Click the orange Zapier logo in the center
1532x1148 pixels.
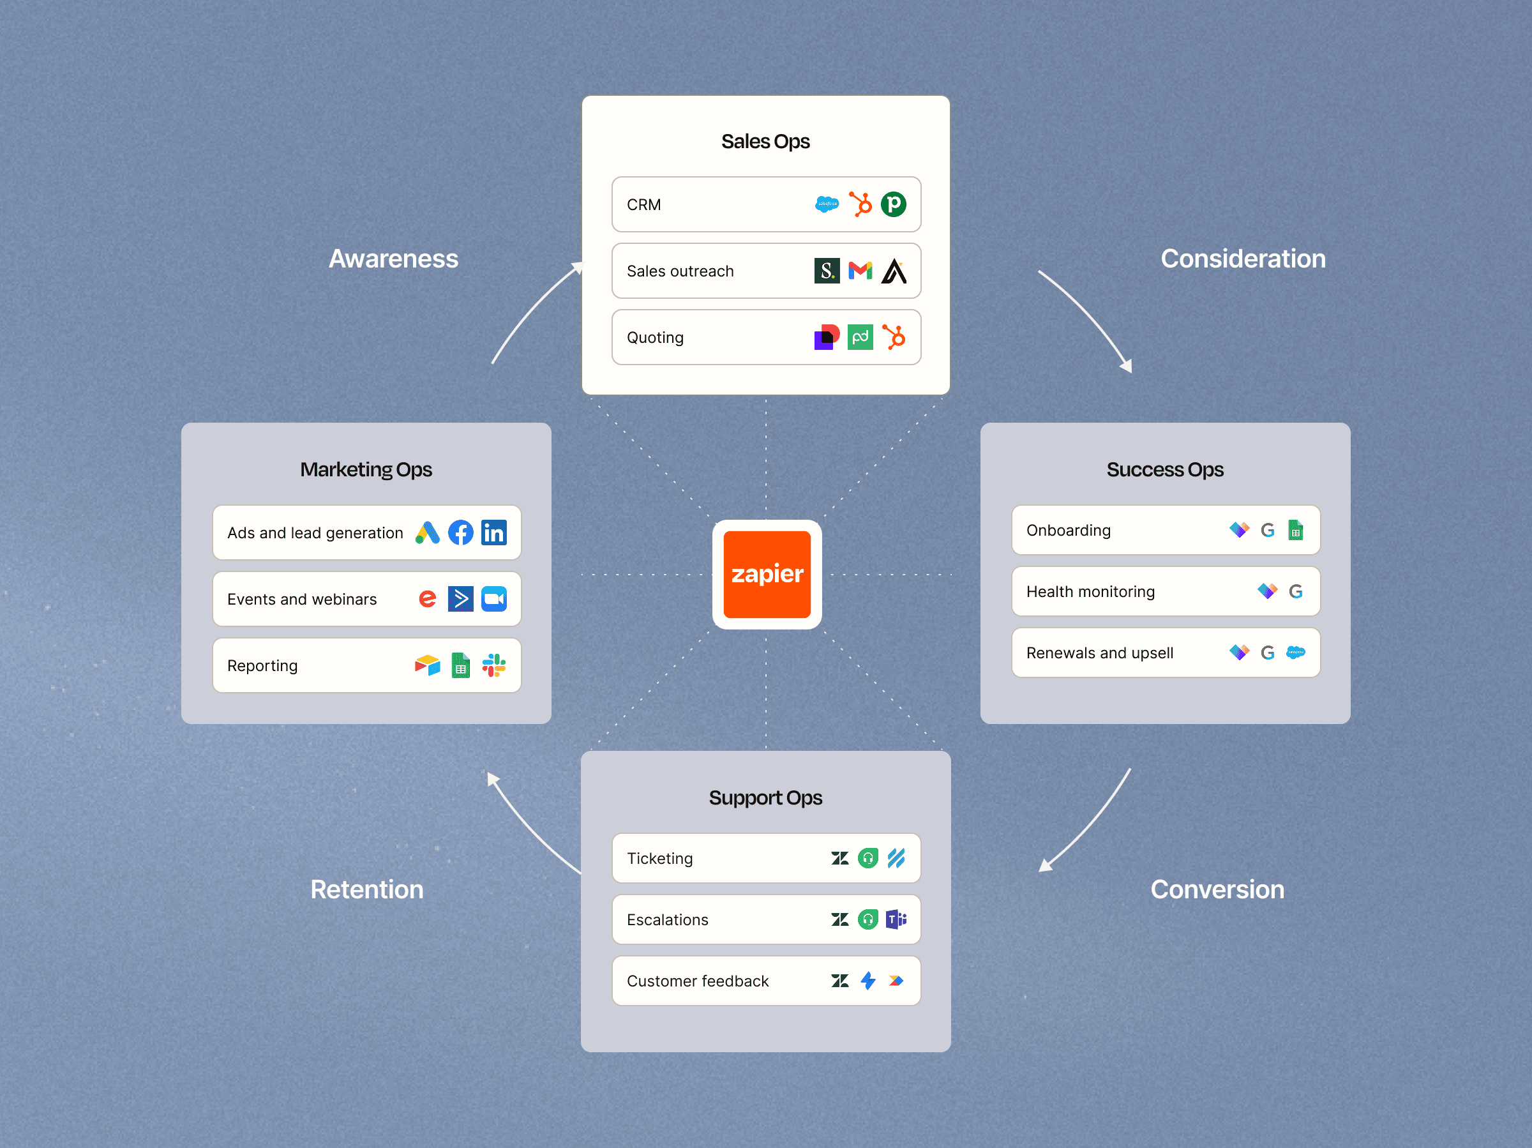[767, 575]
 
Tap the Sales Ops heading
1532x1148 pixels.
[765, 141]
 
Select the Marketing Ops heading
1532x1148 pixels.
[366, 470]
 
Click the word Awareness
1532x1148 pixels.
[393, 259]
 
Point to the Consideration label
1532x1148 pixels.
[1243, 259]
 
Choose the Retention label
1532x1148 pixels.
[366, 889]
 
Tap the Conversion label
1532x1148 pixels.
[1217, 889]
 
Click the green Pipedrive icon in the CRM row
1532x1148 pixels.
[894, 204]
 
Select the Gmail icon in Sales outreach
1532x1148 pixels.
[860, 271]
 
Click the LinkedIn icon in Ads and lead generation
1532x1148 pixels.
[494, 532]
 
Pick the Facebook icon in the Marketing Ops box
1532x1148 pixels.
[461, 532]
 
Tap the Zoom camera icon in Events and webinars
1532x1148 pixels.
[494, 600]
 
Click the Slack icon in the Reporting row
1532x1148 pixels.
[494, 666]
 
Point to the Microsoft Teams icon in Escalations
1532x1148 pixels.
[896, 919]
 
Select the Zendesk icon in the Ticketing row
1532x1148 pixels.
[840, 858]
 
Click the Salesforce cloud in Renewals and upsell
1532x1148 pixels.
[1295, 653]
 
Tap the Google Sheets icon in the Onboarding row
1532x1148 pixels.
[1295, 530]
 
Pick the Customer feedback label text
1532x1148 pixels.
[698, 981]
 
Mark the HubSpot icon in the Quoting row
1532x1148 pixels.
[894, 337]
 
